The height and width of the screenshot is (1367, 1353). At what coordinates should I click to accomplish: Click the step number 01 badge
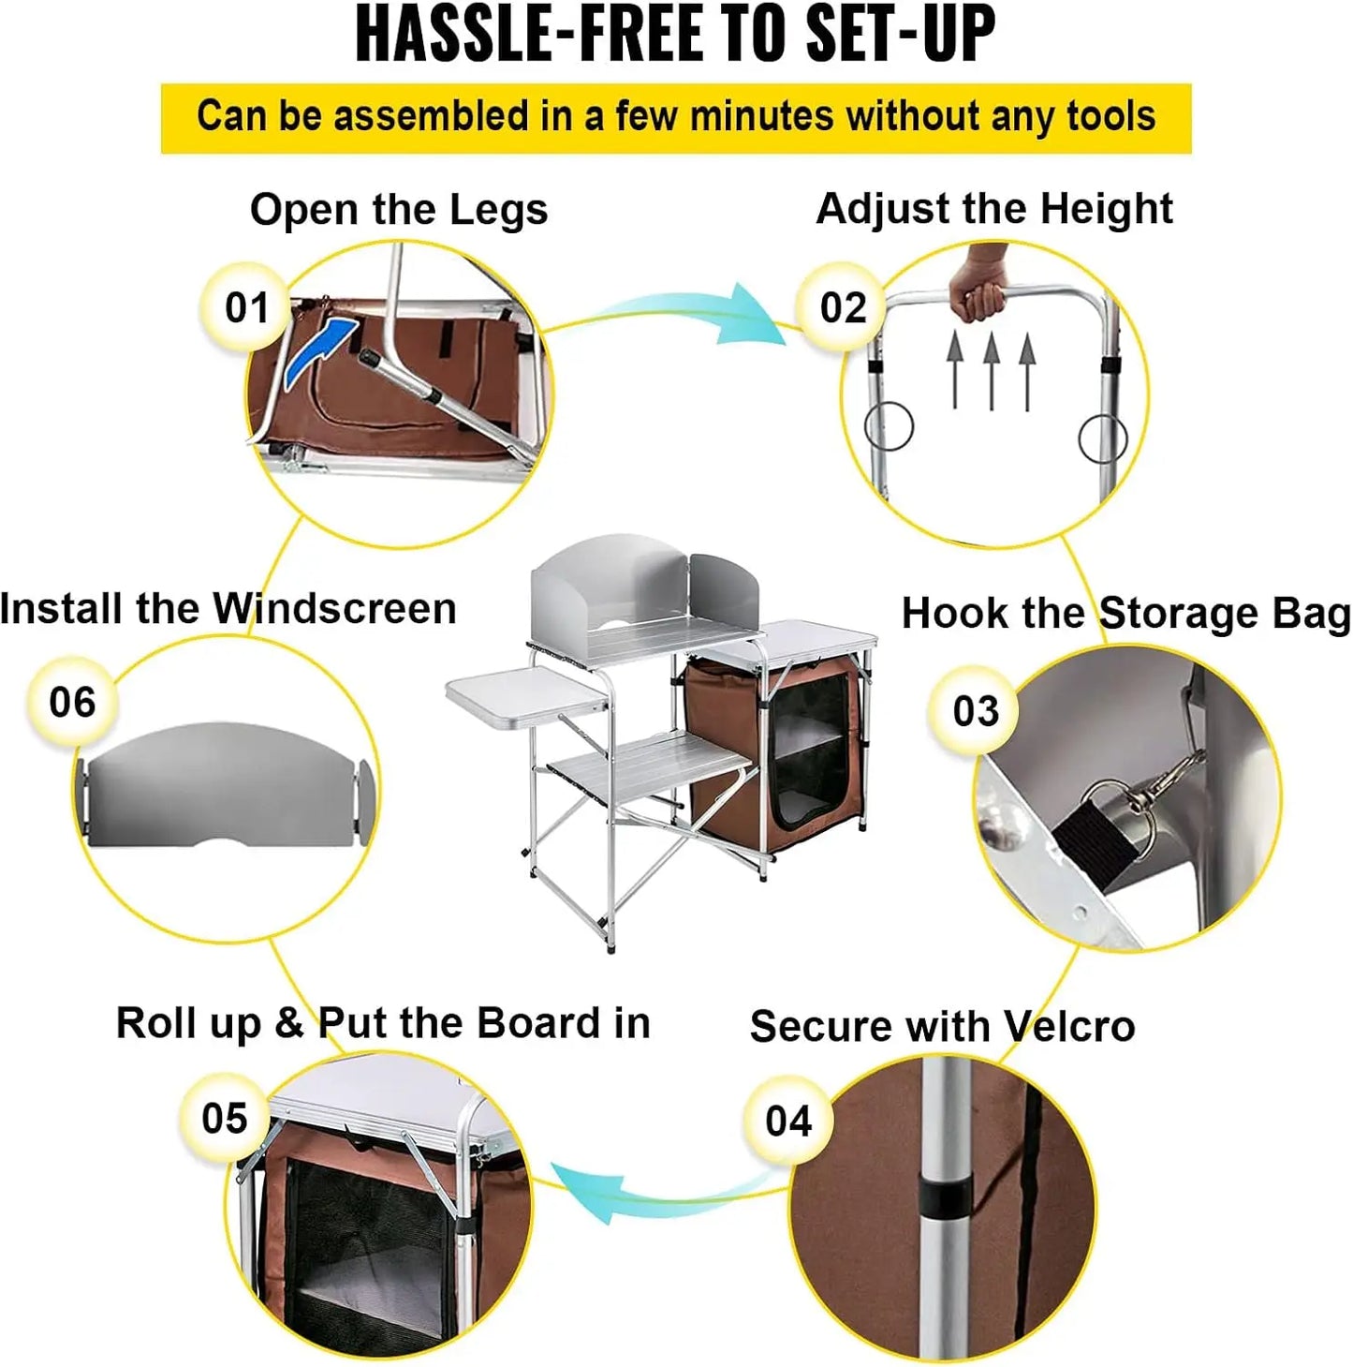(246, 307)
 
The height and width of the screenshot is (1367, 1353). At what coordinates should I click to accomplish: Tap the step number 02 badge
(843, 307)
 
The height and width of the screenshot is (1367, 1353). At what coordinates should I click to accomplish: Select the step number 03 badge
(975, 710)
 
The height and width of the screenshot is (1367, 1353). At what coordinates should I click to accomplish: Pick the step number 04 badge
(787, 1120)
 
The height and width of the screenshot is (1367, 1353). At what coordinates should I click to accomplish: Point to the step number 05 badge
(224, 1117)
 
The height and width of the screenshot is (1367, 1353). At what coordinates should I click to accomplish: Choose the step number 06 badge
(72, 701)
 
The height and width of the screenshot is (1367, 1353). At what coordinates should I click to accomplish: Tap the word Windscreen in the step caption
(334, 608)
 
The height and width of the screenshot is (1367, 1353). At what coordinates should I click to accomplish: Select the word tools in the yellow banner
(1110, 117)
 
